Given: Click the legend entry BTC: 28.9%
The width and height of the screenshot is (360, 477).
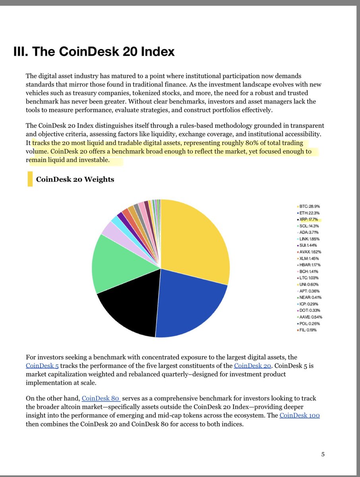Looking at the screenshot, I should pyautogui.click(x=308, y=206).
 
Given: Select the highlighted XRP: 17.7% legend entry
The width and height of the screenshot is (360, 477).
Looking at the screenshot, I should pyautogui.click(x=308, y=219).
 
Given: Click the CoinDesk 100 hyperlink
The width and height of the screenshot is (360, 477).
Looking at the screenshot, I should pyautogui.click(x=300, y=415).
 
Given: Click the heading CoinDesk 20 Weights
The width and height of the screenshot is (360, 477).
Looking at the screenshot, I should pyautogui.click(x=75, y=179).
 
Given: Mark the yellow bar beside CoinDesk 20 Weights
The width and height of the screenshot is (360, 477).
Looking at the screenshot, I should pyautogui.click(x=29, y=179).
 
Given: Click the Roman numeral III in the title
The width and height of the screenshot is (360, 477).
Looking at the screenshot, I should pyautogui.click(x=19, y=52).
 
